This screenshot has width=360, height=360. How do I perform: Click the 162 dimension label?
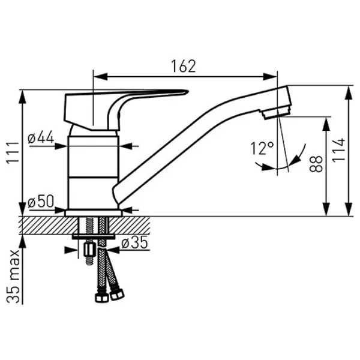click(x=184, y=67)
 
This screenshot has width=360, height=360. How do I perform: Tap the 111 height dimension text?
click(x=13, y=152)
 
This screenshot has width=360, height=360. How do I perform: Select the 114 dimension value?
click(x=339, y=150)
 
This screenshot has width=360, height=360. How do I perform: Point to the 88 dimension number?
click(x=316, y=164)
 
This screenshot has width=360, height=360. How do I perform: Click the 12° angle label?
click(x=262, y=149)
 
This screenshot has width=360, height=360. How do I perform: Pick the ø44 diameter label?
click(x=41, y=138)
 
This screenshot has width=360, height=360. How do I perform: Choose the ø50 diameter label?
click(x=41, y=202)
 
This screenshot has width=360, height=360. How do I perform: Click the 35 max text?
click(x=13, y=277)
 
